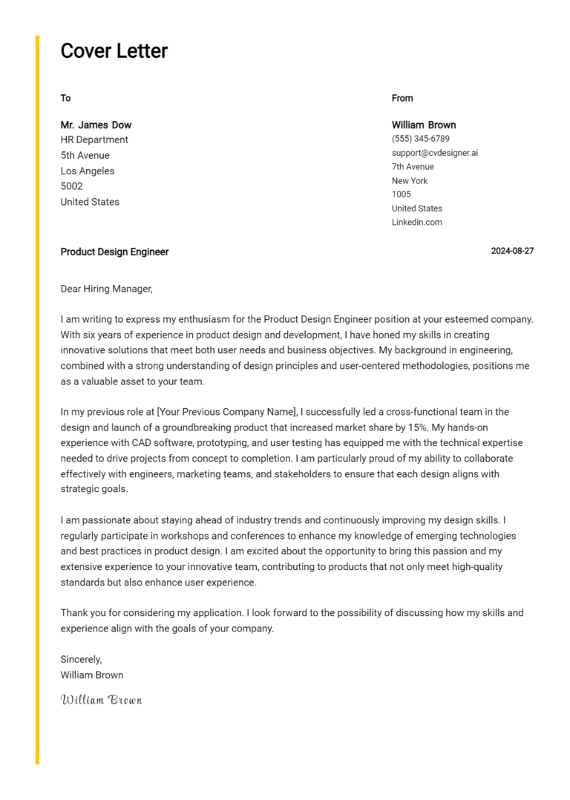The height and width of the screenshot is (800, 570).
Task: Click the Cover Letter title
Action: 114,51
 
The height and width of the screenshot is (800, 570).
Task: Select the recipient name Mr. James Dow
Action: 96,125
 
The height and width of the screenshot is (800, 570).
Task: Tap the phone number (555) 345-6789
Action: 420,139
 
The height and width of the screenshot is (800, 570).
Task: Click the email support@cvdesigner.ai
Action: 435,153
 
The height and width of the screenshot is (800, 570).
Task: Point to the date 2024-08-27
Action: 512,252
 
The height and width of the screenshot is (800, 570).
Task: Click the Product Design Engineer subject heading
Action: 114,252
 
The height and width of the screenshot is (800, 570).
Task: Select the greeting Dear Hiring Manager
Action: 106,289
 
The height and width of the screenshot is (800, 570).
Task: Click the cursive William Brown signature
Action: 101,700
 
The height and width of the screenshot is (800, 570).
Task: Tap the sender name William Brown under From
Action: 424,125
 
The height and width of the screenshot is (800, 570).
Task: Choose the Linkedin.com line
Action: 416,223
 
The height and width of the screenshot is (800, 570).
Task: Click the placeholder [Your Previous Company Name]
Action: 227,412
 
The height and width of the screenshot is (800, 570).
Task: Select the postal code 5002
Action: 71,186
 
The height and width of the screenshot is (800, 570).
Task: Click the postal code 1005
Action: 401,194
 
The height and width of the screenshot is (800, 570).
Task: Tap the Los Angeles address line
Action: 88,171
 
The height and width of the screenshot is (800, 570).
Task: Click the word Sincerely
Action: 81,659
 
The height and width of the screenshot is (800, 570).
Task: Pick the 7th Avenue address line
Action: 413,167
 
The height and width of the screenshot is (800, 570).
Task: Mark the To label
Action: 65,98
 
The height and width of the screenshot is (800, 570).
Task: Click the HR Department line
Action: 94,140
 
